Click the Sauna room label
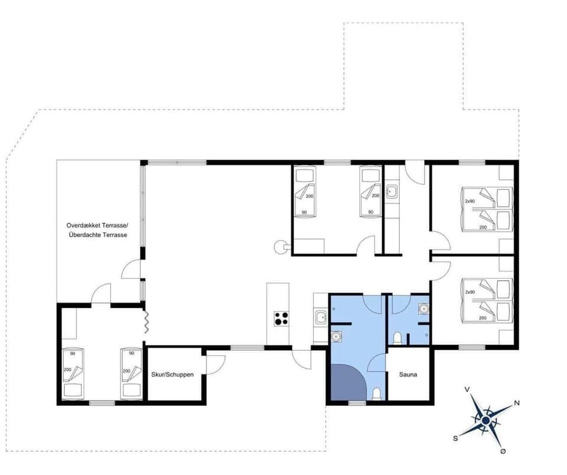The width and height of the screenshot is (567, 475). pyautogui.click(x=409, y=375)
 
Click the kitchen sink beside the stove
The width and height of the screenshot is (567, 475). pyautogui.click(x=321, y=318)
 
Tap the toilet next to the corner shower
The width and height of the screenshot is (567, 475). pyautogui.click(x=376, y=393)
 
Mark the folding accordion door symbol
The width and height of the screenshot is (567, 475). pyautogui.click(x=144, y=322)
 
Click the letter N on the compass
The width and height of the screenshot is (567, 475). pyautogui.click(x=517, y=403)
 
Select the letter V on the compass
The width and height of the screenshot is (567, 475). pyautogui.click(x=467, y=389)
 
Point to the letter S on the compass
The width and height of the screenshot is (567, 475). pyautogui.click(x=455, y=438)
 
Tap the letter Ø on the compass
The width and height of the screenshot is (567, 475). pyautogui.click(x=503, y=451)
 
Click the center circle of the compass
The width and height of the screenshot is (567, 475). pyautogui.click(x=485, y=420)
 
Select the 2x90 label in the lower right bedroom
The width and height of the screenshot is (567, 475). pyautogui.click(x=470, y=292)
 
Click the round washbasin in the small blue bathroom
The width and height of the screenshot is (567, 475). pyautogui.click(x=422, y=308)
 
